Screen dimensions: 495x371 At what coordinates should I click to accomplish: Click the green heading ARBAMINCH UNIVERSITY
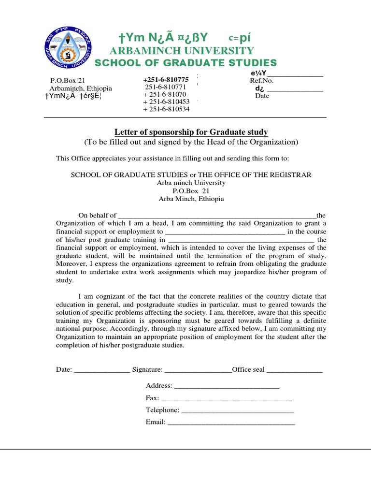[x=182, y=51]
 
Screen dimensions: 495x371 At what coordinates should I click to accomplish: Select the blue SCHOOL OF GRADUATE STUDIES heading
[x=185, y=63]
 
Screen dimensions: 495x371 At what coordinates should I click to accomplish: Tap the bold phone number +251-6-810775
[x=166, y=79]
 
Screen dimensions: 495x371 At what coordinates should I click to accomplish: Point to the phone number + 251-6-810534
[x=166, y=109]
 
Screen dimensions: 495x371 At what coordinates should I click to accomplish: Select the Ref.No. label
[x=262, y=81]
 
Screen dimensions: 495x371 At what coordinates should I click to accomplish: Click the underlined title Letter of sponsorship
[x=191, y=132]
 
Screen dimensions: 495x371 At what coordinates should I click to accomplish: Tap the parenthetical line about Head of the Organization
[x=191, y=142]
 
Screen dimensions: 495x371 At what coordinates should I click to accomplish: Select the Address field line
[x=226, y=387]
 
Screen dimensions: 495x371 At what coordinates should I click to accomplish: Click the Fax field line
[x=226, y=399]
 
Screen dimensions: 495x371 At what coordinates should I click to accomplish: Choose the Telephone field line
[x=237, y=411]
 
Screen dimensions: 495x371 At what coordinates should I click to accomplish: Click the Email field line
[x=230, y=423]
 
